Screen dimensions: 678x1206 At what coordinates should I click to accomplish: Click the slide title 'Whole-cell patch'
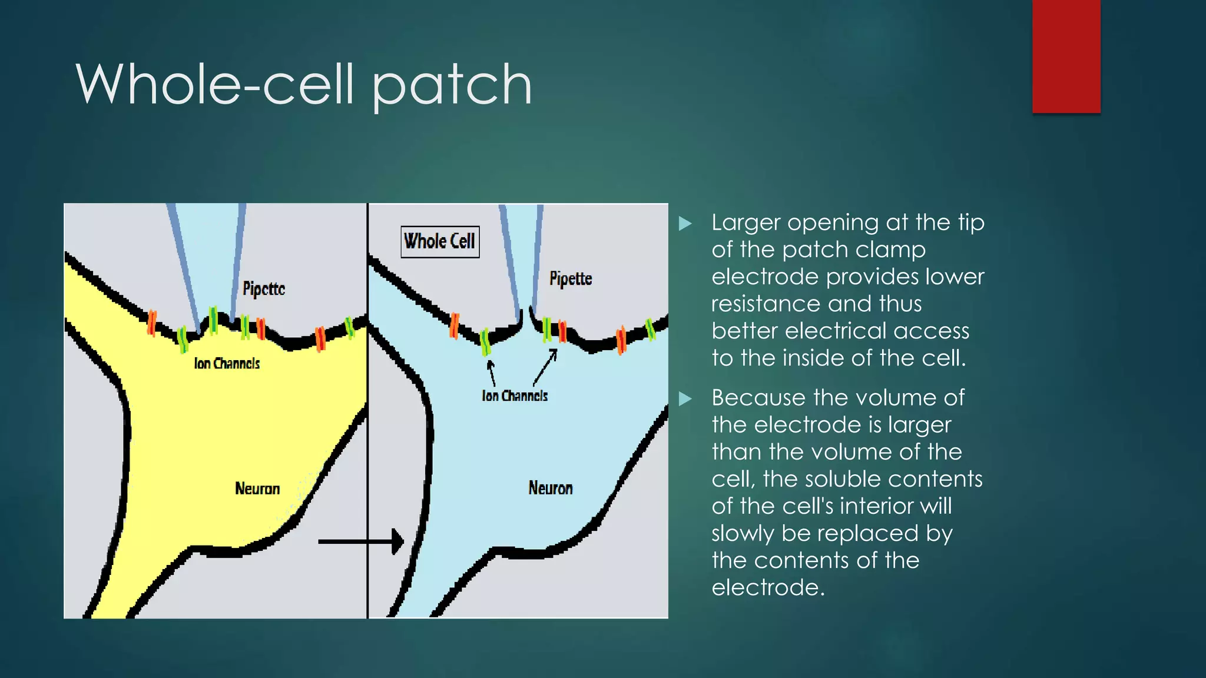pyautogui.click(x=303, y=85)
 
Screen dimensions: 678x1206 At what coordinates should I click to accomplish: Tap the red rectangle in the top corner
pyautogui.click(x=1066, y=56)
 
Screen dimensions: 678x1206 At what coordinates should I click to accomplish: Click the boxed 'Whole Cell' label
pyautogui.click(x=440, y=241)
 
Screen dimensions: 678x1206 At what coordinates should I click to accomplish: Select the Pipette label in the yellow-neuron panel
pyautogui.click(x=264, y=288)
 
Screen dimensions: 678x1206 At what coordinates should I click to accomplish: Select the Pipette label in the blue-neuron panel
pyautogui.click(x=571, y=278)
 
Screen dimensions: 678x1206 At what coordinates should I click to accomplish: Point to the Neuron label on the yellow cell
pyautogui.click(x=257, y=488)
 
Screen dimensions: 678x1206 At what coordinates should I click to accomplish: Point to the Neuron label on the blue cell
pyautogui.click(x=550, y=488)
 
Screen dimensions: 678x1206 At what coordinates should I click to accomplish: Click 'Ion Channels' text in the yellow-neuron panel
pyautogui.click(x=227, y=364)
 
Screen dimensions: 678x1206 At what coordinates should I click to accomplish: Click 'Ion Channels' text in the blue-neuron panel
pyautogui.click(x=515, y=396)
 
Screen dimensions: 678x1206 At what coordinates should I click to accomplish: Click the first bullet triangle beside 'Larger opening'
pyautogui.click(x=685, y=224)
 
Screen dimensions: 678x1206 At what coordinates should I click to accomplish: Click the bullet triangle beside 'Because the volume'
pyautogui.click(x=685, y=399)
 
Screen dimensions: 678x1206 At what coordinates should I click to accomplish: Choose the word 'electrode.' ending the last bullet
pyautogui.click(x=768, y=587)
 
